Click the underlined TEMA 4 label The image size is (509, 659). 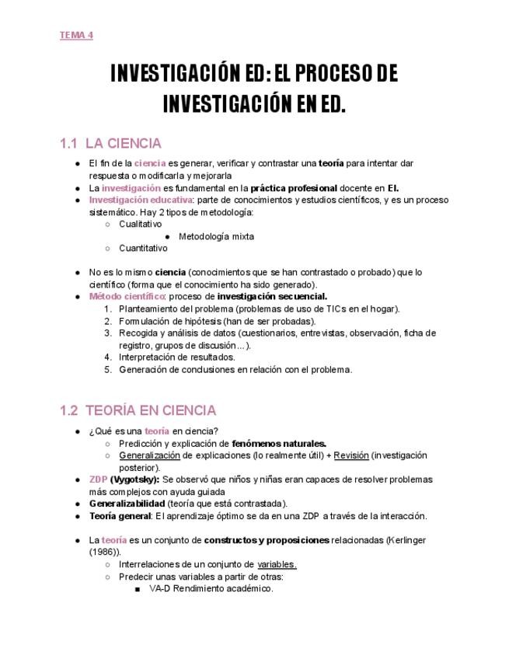point(76,35)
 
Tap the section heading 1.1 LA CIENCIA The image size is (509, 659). point(110,144)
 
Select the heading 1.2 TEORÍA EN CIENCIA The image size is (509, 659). point(138,410)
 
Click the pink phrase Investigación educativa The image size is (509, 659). point(140,200)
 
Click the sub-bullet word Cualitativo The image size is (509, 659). point(141,224)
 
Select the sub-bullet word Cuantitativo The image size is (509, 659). point(143,249)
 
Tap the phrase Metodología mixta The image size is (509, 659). point(216,236)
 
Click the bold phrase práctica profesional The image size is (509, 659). point(294,188)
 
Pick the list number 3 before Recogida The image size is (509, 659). point(108,333)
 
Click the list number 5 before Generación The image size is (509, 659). point(108,369)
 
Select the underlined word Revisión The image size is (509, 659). point(351,455)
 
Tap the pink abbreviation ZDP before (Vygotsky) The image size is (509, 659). point(98,479)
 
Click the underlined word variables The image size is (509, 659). point(277,564)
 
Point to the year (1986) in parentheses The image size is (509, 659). point(104,552)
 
